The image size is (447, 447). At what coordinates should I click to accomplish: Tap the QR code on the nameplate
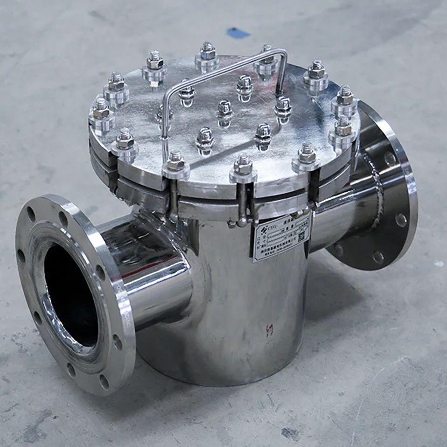301,236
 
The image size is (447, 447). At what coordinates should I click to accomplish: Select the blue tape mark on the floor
238,33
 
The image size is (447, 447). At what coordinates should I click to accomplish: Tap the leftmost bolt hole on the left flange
21,256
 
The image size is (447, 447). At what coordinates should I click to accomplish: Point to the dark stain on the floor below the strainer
289,433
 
